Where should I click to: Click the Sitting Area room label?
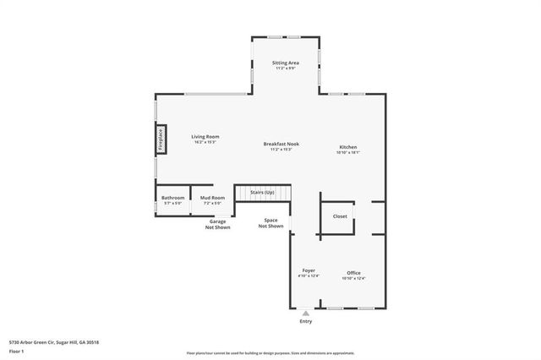[285, 63]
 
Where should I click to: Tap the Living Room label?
[205, 136]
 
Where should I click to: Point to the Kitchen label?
[348, 147]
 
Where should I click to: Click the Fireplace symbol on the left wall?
[160, 140]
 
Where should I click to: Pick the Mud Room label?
[210, 198]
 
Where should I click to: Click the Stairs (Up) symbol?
[262, 194]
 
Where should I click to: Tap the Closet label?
[339, 216]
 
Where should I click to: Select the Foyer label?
[308, 270]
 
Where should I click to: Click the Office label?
[353, 272]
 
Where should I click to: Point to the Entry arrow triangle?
[305, 313]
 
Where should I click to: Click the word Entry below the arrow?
[305, 322]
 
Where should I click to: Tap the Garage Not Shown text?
[218, 224]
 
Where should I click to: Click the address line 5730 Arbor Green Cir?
[54, 342]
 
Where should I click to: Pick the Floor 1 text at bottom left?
[17, 351]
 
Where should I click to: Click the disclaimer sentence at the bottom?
[270, 353]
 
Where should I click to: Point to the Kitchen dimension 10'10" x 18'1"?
[348, 153]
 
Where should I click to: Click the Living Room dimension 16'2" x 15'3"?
[205, 142]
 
